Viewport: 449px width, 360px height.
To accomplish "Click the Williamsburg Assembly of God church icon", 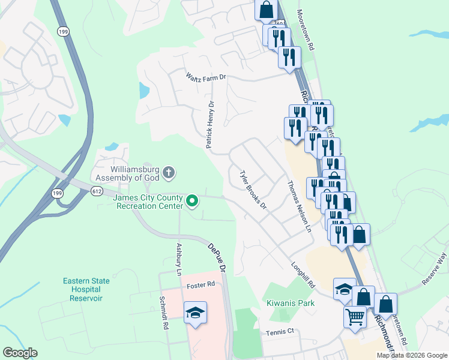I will point(169,173).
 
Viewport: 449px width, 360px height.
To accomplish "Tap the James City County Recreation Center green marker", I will point(192,201).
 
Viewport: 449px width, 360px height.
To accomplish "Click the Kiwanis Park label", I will point(286,304).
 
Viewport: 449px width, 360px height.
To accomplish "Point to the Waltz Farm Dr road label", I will point(205,77).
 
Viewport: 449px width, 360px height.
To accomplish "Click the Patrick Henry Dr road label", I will point(210,125).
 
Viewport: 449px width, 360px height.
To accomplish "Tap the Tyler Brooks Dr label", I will point(253,190).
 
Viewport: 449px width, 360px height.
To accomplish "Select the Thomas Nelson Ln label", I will point(300,207).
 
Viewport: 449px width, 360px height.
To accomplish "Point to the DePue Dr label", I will point(216,258).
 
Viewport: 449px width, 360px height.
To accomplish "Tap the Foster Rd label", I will point(200,284).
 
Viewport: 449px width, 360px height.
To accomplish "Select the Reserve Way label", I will point(435,263).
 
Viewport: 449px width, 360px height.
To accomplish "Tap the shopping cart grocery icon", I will point(355,316).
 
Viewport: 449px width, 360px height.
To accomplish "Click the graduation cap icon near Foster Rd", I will point(195,313).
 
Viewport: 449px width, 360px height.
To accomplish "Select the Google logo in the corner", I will point(20,353).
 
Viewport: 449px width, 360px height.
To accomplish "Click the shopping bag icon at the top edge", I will point(265,10).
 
